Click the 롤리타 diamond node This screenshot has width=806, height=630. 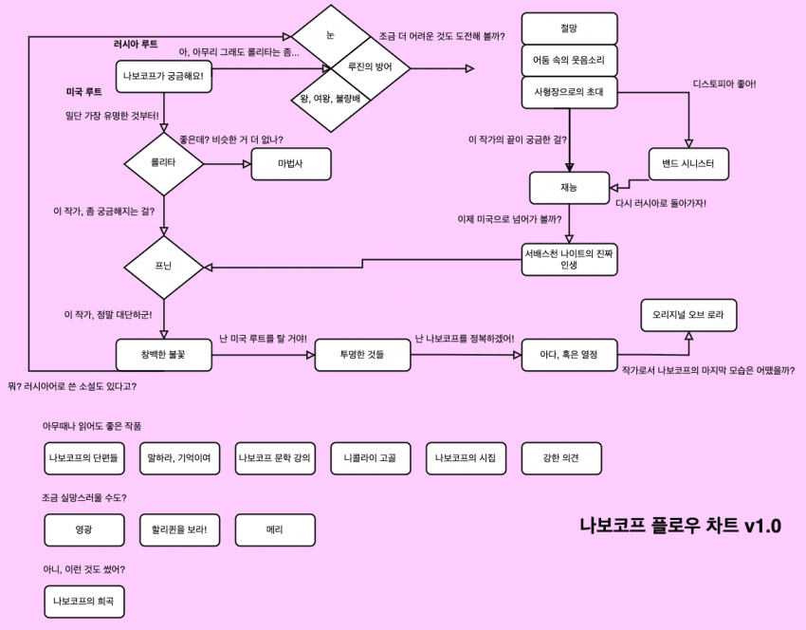[x=164, y=163]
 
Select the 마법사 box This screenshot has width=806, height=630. [x=291, y=163]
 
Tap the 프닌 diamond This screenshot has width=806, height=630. [x=164, y=267]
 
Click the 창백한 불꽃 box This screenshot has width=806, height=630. [x=164, y=354]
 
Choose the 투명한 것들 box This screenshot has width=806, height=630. [x=361, y=354]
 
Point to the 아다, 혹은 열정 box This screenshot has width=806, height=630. [x=569, y=354]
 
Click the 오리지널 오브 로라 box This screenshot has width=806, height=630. [x=688, y=314]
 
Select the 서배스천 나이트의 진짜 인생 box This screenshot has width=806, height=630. [x=569, y=259]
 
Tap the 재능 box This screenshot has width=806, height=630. [x=569, y=188]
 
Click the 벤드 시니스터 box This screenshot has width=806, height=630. [x=688, y=164]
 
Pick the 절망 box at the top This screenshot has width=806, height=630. [x=569, y=28]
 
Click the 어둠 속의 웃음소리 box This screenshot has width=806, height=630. [x=569, y=60]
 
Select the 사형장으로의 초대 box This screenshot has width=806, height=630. [x=569, y=92]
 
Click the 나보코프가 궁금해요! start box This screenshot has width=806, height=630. [x=164, y=76]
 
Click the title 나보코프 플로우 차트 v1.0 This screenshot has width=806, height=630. [x=680, y=526]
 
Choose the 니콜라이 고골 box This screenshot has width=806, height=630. [x=370, y=458]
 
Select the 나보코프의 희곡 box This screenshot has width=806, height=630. [x=84, y=601]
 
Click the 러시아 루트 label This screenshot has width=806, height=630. [x=136, y=45]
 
